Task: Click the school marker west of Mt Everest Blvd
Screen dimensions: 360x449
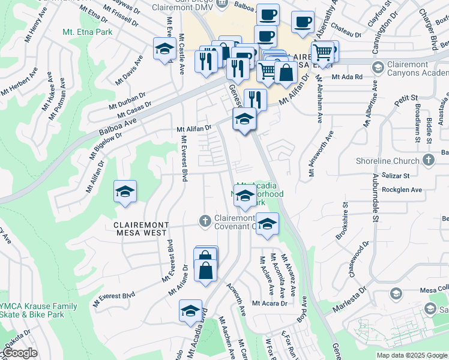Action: point(125,193)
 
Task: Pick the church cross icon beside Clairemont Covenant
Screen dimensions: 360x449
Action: point(205,221)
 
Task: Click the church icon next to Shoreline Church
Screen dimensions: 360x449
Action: point(427,160)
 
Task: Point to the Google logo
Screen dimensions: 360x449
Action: point(19,353)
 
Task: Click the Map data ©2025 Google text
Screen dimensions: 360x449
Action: point(412,355)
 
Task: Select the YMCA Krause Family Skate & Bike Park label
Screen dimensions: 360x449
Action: point(39,310)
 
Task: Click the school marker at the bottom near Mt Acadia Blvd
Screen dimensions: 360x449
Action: point(190,311)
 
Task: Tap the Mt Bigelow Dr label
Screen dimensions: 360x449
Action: point(106,145)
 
